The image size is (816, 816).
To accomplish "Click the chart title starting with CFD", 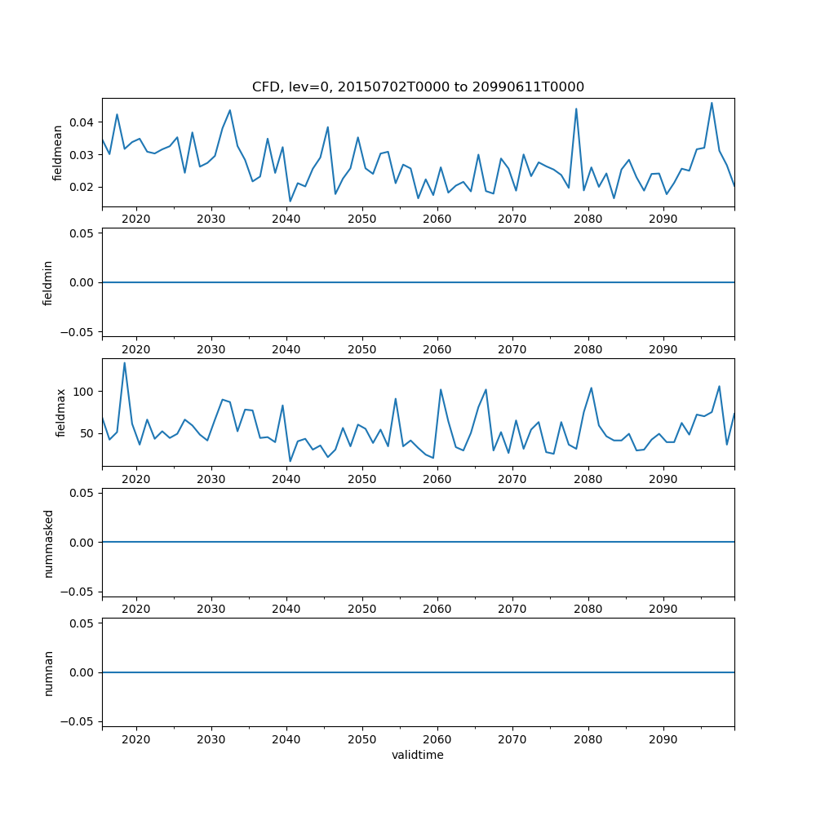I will pos(418,87).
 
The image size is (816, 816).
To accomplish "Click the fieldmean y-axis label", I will pos(57,153).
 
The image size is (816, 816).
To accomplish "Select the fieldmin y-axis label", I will pos(47,282).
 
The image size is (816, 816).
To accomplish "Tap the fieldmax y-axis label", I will pos(60,412).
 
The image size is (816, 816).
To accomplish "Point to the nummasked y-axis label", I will pos(48,543).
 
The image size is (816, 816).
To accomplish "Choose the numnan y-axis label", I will pos(48,672).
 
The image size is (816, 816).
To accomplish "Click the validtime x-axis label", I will pos(418,755).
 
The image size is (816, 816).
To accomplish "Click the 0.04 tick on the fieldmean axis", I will pos(82,122).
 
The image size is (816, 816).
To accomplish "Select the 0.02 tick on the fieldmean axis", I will pos(82,187).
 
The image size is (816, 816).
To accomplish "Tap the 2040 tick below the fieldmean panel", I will pos(286,219).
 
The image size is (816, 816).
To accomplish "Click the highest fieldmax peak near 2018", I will pos(124,363).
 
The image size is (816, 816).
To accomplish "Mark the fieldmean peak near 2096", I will pos(712,103).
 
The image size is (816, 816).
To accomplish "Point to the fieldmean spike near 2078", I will pos(576,109).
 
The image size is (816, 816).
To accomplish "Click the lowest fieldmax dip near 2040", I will pos(290,461).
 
